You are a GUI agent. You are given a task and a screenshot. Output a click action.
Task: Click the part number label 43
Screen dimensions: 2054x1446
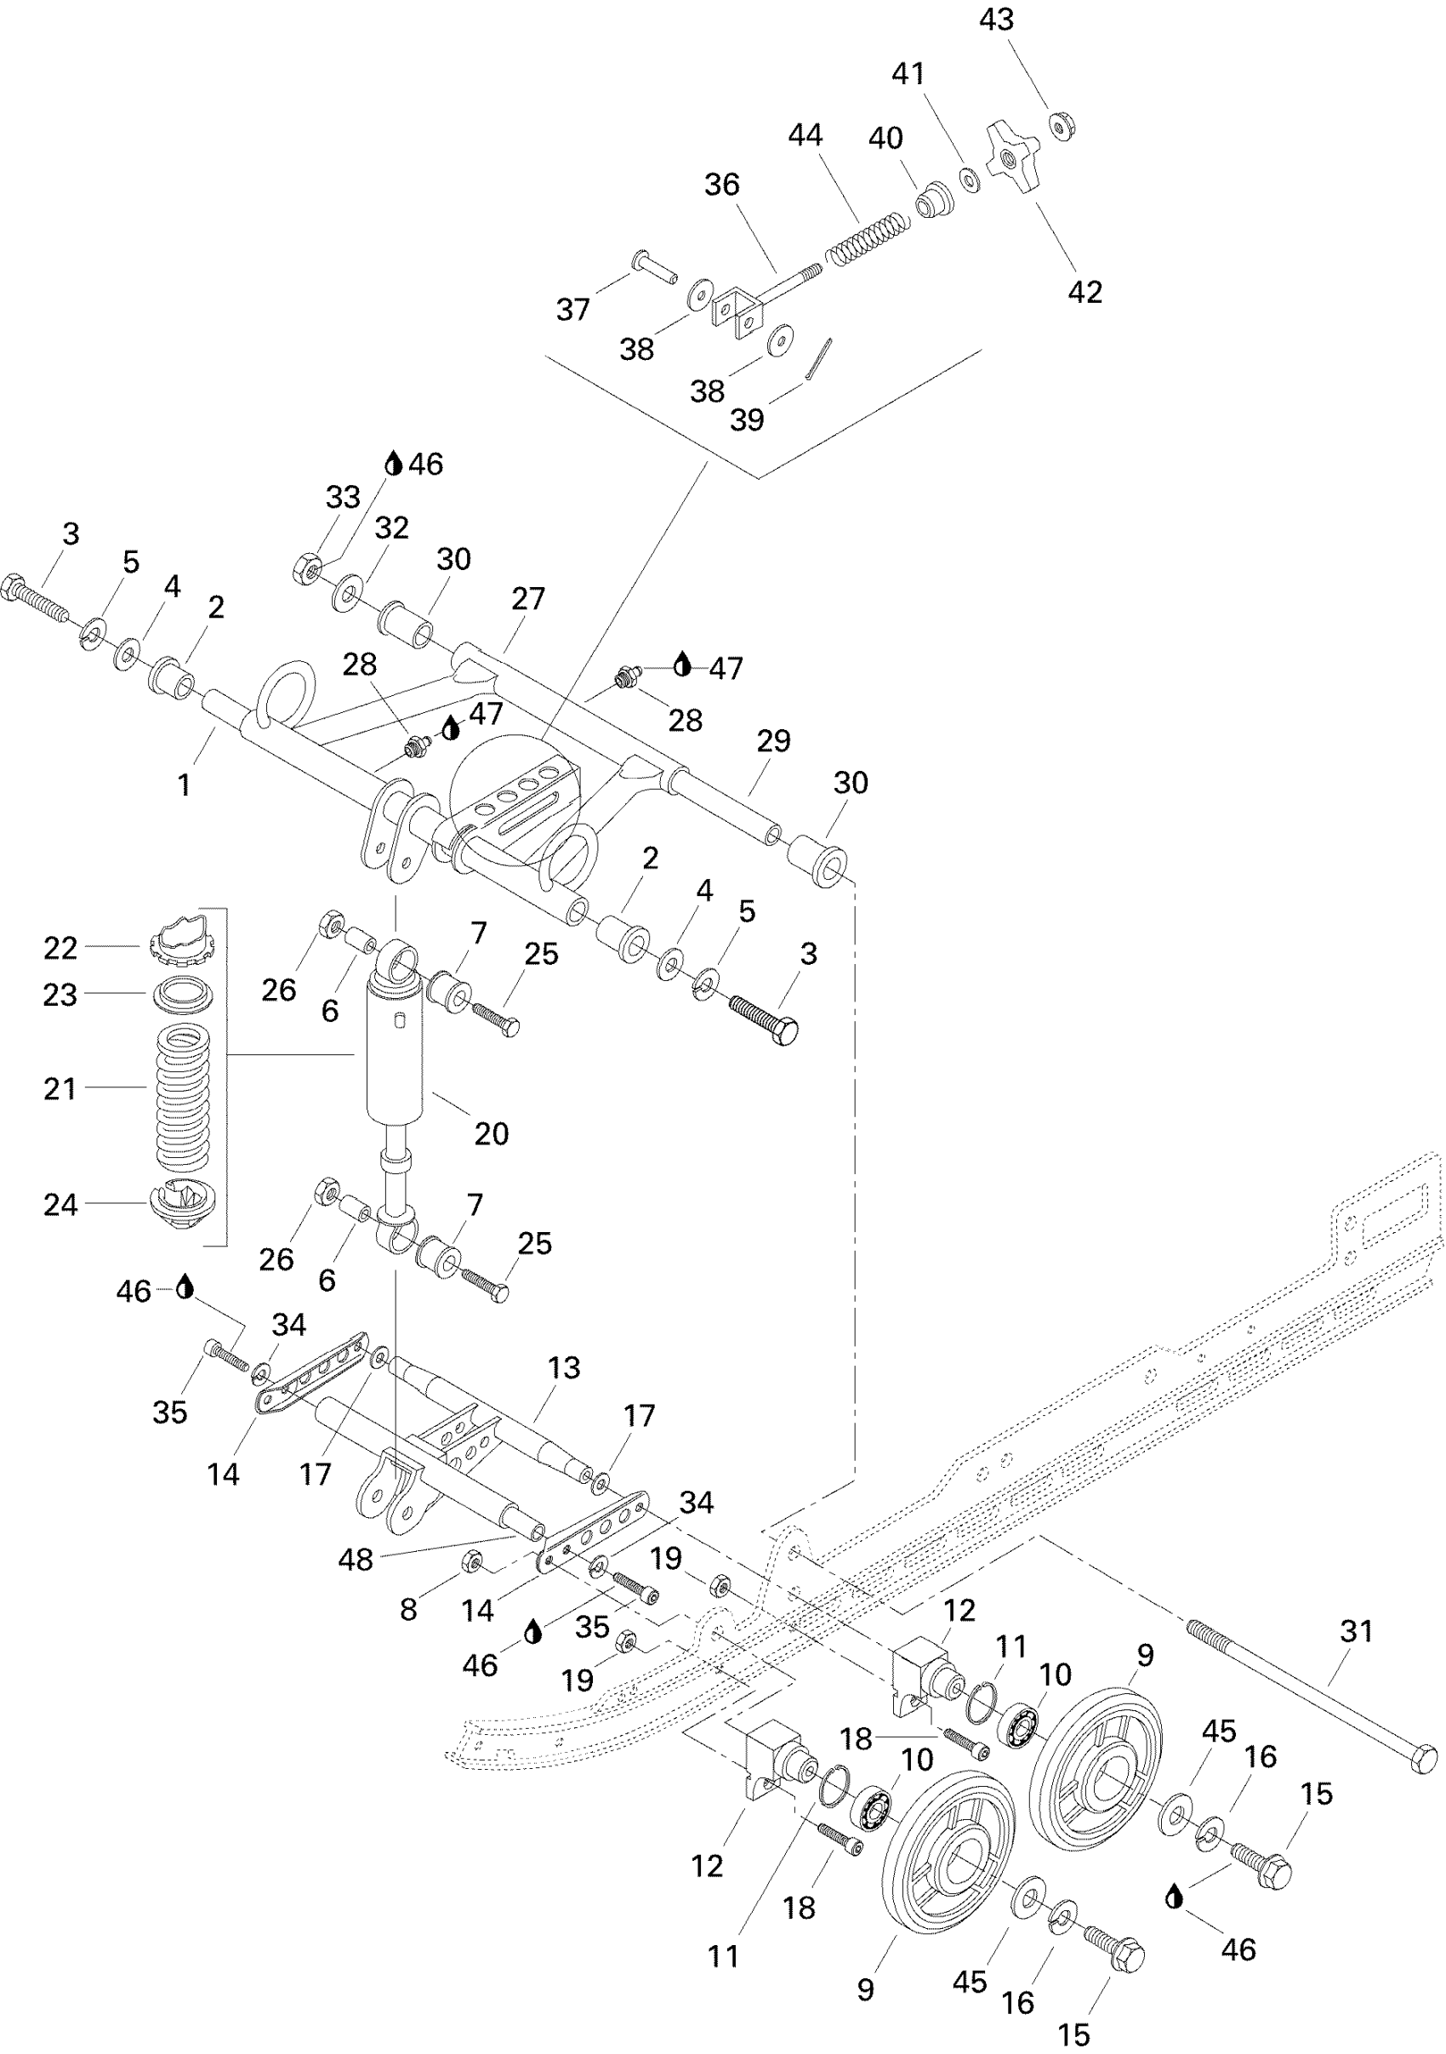click(996, 20)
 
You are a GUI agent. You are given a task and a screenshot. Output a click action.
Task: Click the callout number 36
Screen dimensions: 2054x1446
click(721, 185)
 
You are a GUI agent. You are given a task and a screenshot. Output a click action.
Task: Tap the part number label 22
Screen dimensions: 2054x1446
click(60, 948)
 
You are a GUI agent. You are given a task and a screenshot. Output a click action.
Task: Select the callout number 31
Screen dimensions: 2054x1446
click(1356, 1631)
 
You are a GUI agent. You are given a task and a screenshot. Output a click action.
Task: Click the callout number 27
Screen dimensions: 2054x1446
click(527, 598)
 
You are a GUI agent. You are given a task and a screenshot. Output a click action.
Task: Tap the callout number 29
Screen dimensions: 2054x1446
click(773, 741)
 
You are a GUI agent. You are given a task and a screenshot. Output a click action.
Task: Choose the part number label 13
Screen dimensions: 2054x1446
click(563, 1367)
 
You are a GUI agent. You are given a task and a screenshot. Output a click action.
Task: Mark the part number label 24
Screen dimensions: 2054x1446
click(60, 1205)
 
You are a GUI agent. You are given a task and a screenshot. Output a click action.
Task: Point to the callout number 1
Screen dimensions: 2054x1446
click(185, 785)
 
